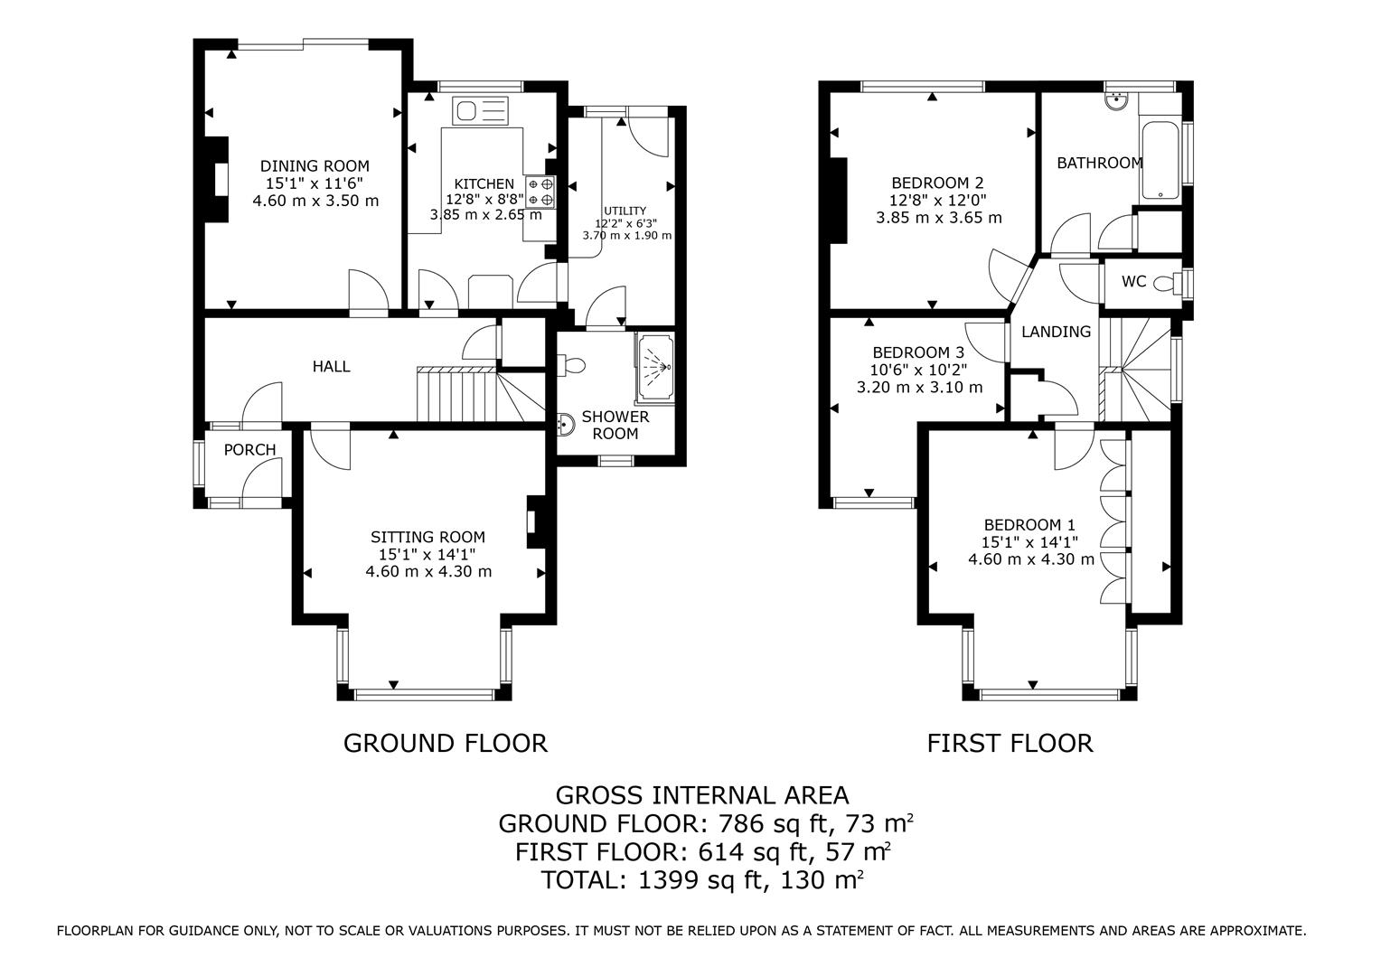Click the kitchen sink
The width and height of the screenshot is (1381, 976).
[479, 111]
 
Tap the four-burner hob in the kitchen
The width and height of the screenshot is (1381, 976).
[540, 192]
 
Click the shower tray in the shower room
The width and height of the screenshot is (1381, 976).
[654, 368]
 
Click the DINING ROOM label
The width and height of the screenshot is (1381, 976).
[315, 166]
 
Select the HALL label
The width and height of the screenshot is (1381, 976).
[331, 366]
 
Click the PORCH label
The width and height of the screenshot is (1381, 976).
[249, 449]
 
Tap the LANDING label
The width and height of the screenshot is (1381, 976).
[1057, 332]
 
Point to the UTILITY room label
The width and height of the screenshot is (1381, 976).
[625, 211]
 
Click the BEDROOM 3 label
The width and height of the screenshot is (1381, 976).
[918, 352]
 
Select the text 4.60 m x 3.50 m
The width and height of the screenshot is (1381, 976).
[315, 201]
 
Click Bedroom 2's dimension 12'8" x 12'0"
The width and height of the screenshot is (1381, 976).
[938, 200]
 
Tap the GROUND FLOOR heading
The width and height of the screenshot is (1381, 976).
[446, 744]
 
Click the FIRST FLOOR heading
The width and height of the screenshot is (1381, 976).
[1010, 744]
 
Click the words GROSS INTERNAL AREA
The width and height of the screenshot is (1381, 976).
[702, 796]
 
